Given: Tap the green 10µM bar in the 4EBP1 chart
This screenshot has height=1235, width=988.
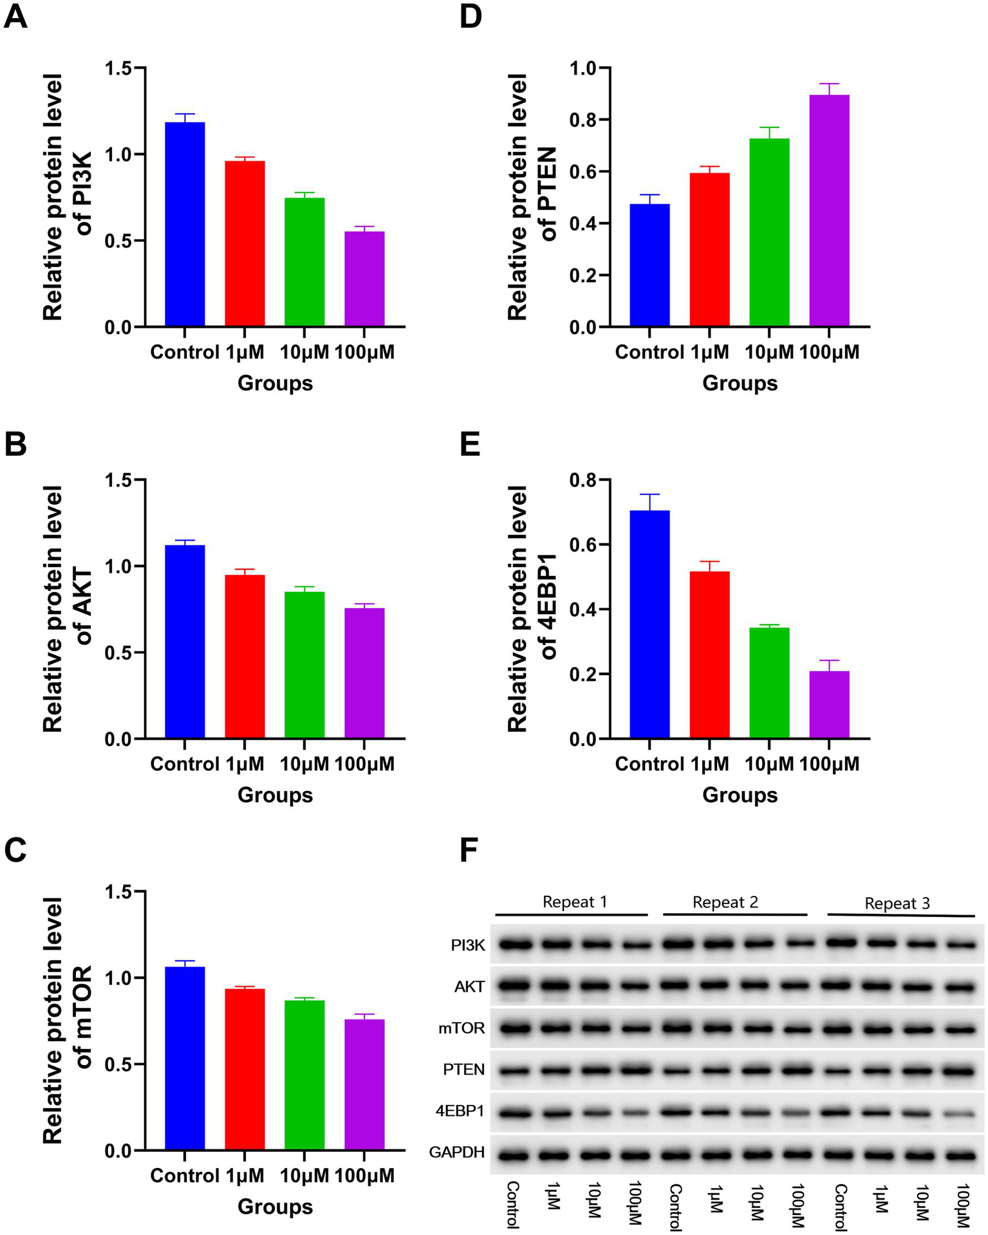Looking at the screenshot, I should point(769,683).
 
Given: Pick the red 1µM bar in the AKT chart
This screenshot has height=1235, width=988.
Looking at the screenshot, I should point(245,656).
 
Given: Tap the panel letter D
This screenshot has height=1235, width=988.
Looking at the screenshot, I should point(471,17).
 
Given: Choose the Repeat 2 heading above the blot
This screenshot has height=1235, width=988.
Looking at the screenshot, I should point(725,902).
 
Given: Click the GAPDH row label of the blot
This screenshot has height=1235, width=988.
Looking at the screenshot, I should point(456,1152).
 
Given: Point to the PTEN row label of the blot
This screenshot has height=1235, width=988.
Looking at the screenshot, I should point(463,1069).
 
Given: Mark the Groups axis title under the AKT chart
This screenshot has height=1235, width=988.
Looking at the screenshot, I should point(275,795).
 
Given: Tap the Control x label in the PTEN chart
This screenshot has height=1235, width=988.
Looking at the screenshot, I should point(649,352).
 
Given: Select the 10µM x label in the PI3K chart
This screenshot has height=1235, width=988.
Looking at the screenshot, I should point(304,352).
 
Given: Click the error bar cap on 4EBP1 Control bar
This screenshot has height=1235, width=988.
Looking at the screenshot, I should point(649,494).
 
